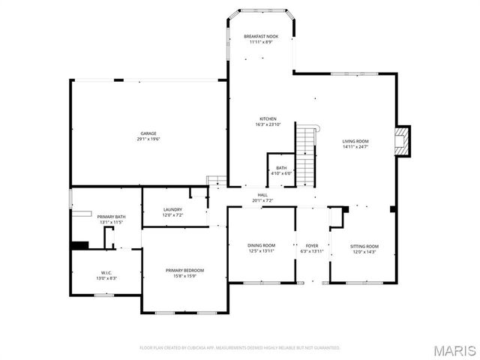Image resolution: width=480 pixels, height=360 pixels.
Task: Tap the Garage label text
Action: point(148,133)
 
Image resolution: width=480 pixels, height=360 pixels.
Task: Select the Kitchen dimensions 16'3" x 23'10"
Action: point(268,124)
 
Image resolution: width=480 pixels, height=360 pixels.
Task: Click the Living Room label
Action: point(355,141)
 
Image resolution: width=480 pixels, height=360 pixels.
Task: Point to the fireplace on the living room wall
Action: point(403,140)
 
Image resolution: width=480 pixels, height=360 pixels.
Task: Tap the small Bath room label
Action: point(281,168)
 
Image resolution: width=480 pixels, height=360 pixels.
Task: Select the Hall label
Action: point(263,195)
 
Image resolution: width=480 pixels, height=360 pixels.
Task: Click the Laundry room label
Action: point(173,209)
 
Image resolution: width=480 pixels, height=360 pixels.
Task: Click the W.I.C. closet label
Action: point(106,272)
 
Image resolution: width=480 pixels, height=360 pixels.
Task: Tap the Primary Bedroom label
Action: point(184,270)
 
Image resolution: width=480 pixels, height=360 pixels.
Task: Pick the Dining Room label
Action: point(262,245)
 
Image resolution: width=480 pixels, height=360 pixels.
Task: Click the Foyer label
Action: point(311,245)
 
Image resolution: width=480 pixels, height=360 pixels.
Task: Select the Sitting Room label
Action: point(364,246)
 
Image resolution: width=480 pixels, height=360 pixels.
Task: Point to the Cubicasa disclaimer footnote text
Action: point(240,347)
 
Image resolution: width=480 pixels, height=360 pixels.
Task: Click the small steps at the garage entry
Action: point(217,181)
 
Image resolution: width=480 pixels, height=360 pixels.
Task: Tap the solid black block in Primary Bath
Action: point(79,244)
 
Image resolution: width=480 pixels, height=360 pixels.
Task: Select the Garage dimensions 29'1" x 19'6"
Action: point(148,139)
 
